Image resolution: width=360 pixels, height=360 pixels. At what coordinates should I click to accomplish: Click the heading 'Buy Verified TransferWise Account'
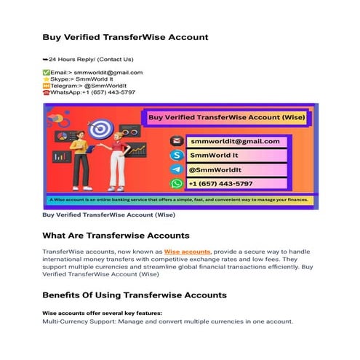tap(125, 36)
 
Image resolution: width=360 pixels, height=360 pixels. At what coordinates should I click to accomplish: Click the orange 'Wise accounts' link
tap(187, 251)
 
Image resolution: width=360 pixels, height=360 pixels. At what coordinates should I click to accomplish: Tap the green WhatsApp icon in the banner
tap(176, 183)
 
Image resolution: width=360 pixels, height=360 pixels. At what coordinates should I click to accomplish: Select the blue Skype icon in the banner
tap(176, 155)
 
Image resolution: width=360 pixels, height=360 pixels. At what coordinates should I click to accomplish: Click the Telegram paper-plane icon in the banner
tap(176, 169)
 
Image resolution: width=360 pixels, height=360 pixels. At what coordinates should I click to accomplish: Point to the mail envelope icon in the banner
tap(176, 141)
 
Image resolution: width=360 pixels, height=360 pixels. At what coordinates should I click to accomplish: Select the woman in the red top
tap(115, 164)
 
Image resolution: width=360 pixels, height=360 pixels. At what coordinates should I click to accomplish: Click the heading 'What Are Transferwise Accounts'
tap(116, 236)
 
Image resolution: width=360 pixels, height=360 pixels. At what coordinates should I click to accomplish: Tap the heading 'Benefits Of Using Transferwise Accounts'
tap(135, 295)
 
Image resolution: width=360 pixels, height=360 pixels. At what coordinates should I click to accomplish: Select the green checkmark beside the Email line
tap(47, 73)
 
